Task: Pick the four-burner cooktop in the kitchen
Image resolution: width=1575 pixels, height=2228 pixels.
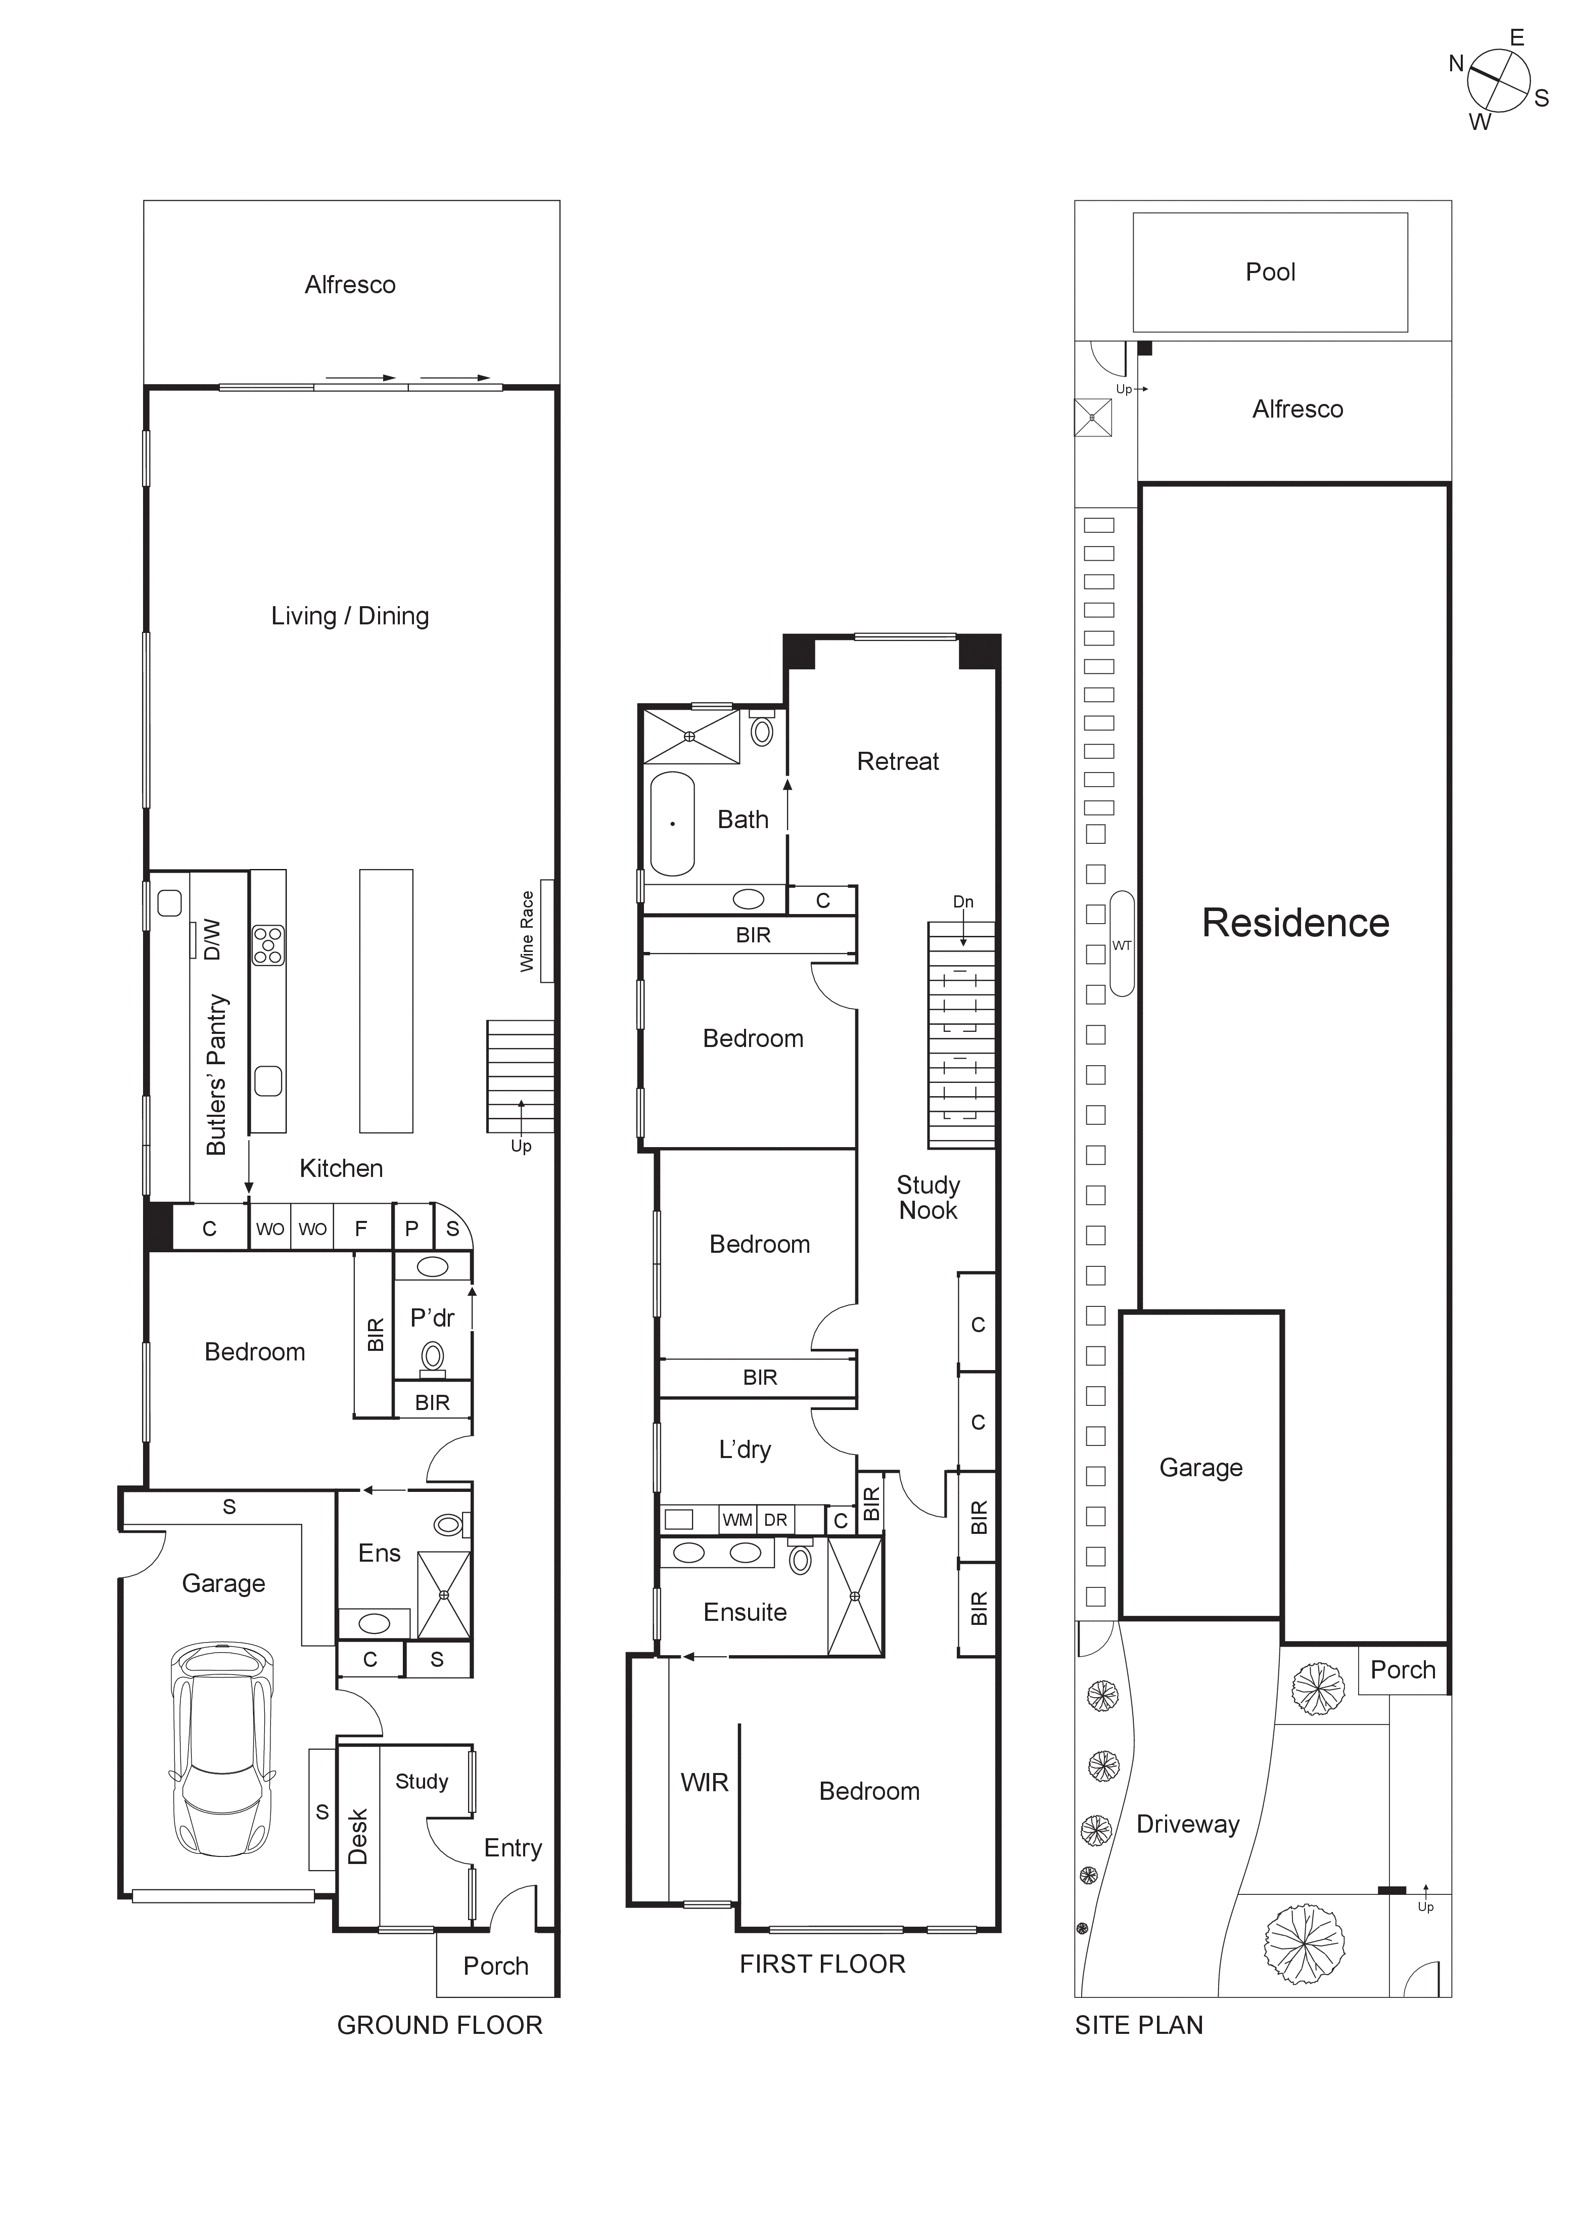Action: pos(268,945)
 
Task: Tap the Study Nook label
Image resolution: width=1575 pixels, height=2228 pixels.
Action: pos(928,1198)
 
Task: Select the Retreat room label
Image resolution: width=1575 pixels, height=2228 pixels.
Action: pos(898,762)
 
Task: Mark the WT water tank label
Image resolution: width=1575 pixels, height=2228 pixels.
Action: pos(1122,945)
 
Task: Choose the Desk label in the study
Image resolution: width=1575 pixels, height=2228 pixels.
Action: pos(358,1836)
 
